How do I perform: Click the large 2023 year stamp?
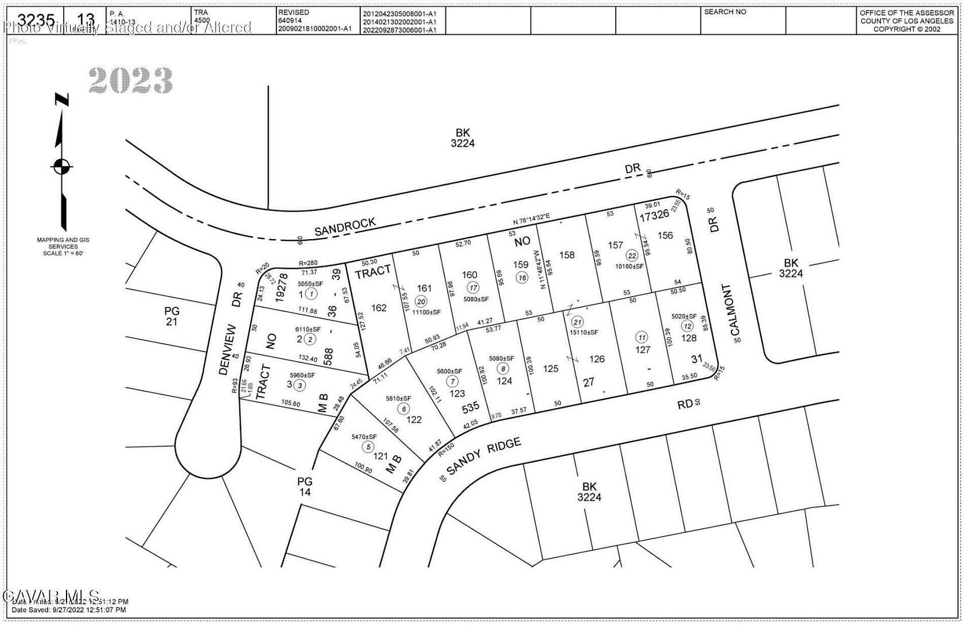point(131,81)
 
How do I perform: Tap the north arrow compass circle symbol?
point(62,167)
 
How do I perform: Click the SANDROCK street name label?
point(345,226)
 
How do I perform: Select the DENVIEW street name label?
point(228,350)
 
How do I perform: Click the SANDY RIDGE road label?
point(484,456)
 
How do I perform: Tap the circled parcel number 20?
point(421,302)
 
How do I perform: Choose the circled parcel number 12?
point(687,326)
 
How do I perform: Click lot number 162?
point(379,308)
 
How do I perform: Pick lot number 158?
point(566,255)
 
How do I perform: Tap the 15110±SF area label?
point(584,332)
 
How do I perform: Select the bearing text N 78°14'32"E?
point(531,220)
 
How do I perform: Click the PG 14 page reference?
point(305,486)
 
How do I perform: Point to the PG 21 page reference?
point(172,316)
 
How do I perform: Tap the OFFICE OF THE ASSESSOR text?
point(907,13)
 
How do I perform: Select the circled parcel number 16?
point(522,278)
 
